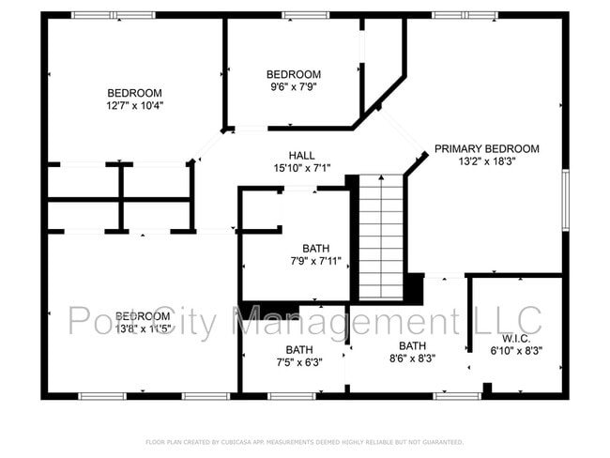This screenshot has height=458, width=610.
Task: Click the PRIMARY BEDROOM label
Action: point(486,148)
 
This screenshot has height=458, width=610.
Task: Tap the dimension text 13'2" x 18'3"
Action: point(486,161)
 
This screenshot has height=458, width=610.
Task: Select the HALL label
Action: point(301,155)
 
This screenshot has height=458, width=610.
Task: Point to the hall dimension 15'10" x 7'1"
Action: point(301,168)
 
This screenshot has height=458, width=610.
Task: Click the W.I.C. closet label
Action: point(516,338)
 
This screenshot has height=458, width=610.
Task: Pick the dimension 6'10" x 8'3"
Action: point(516,351)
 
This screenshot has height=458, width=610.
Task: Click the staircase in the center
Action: point(381,237)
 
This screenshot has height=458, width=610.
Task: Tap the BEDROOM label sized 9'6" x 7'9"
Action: point(294,75)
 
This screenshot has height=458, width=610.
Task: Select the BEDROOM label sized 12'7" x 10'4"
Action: point(134,93)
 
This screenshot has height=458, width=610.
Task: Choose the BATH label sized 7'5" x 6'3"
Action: point(299,350)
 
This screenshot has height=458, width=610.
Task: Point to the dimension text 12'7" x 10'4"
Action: point(134,106)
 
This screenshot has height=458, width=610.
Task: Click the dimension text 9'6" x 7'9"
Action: point(294,88)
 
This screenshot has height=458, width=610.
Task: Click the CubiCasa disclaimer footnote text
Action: point(304,441)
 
